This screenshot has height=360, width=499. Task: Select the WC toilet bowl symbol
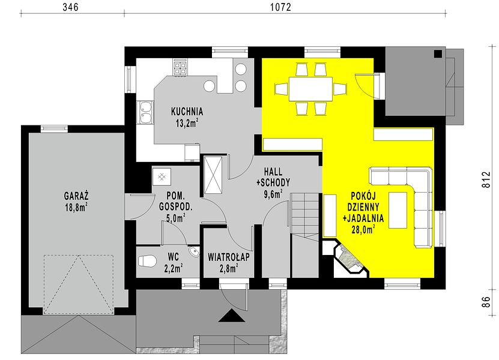(x=147, y=261)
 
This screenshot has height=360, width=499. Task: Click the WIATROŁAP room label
(x=229, y=257)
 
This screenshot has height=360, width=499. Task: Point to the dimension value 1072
(x=280, y=7)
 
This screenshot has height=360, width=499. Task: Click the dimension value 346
(x=70, y=7)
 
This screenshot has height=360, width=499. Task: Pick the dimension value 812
(x=487, y=179)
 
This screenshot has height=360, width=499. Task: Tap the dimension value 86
(x=487, y=302)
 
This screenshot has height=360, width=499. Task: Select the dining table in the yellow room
(x=310, y=89)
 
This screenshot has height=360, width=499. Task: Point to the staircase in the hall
(x=305, y=235)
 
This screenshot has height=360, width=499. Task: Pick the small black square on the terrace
(x=438, y=54)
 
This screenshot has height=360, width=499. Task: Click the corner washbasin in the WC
(x=194, y=252)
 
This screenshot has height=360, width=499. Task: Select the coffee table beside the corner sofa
(x=398, y=210)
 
